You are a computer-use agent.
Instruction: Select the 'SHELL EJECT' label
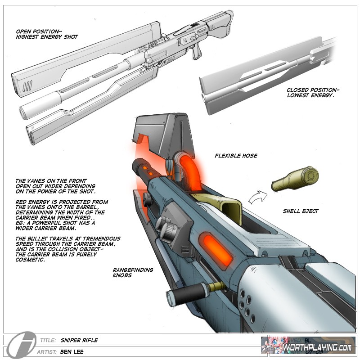(301, 211)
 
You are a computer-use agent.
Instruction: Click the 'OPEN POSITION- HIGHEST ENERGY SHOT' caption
(46, 34)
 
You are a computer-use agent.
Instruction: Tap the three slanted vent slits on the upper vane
(28, 86)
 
